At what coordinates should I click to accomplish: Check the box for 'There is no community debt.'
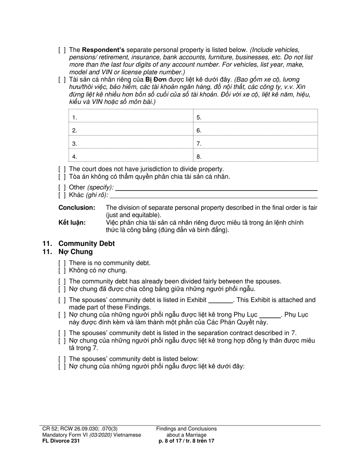click(x=62, y=263)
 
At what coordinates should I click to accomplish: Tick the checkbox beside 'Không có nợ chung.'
click(x=62, y=271)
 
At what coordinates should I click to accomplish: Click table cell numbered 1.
click(x=131, y=117)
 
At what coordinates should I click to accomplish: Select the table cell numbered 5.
click(x=255, y=117)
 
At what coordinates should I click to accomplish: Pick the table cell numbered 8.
click(x=255, y=156)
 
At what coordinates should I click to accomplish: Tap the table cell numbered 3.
click(x=131, y=143)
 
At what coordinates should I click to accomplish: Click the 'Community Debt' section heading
click(x=86, y=244)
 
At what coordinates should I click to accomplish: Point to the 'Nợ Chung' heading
click(x=75, y=252)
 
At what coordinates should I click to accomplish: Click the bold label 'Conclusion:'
click(x=77, y=208)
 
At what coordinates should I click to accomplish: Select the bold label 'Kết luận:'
click(x=72, y=222)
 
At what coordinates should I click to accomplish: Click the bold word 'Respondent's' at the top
click(x=103, y=50)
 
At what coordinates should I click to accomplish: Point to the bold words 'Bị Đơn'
click(x=156, y=80)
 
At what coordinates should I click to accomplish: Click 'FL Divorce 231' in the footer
click(x=61, y=441)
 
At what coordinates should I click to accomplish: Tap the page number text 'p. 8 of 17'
click(x=172, y=441)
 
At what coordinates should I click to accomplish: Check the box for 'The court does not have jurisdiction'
click(x=62, y=169)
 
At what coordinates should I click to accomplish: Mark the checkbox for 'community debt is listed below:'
click(x=62, y=359)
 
